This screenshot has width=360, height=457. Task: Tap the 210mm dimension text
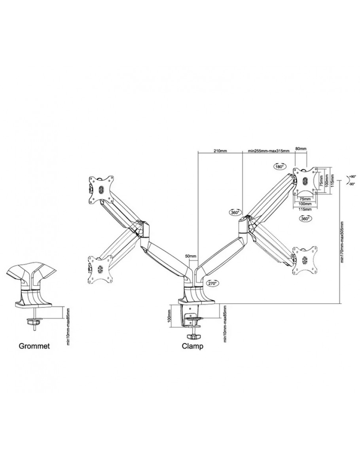(x=220, y=151)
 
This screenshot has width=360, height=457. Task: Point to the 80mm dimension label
(x=301, y=149)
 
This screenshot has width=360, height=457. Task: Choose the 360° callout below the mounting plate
(x=305, y=218)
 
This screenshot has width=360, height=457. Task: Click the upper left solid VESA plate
(x=101, y=189)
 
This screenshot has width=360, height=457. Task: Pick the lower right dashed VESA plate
(x=305, y=260)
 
